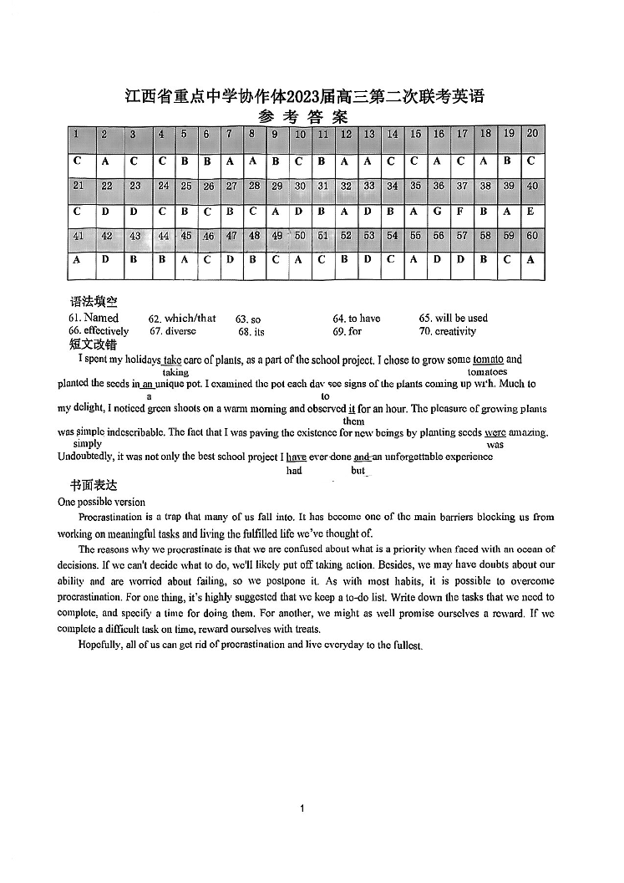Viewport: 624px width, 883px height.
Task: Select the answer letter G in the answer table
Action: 439,212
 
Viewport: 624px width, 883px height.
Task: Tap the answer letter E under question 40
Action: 531,212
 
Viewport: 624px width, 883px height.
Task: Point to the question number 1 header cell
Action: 76,134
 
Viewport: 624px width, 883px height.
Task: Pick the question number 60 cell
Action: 531,236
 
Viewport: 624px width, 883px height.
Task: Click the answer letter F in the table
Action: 462,212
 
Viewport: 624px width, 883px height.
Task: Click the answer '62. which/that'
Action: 182,319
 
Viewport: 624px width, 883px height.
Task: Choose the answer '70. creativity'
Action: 448,331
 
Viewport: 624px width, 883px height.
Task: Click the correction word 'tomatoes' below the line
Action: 488,371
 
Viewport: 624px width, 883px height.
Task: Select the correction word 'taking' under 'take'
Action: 175,372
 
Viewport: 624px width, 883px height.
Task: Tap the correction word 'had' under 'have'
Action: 294,471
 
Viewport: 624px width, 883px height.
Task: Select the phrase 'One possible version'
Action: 101,502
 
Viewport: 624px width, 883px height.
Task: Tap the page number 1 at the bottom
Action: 302,808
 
